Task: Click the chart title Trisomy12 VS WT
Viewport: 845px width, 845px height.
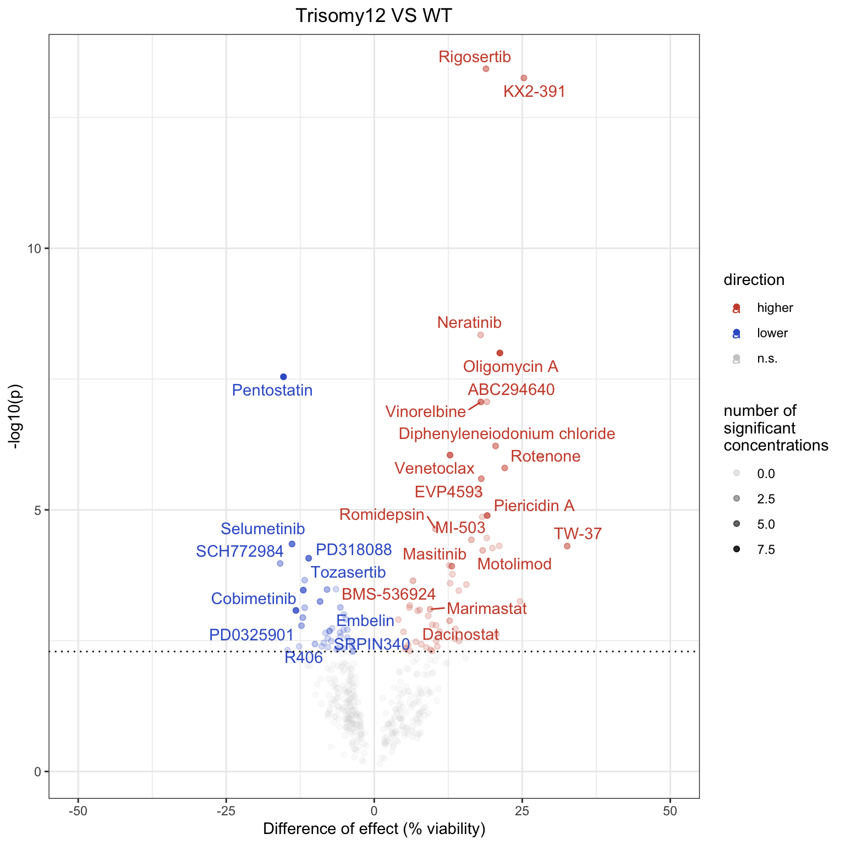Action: coord(374,15)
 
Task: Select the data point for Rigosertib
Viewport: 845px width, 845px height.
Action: coord(486,69)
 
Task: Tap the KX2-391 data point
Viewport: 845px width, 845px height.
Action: coord(524,78)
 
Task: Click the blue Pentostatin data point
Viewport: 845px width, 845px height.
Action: coord(283,377)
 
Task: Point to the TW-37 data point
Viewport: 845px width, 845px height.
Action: coord(567,546)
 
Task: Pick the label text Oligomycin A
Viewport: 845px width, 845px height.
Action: coord(511,366)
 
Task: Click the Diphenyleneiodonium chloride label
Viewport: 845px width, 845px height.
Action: coord(507,434)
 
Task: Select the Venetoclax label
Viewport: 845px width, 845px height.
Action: coord(434,469)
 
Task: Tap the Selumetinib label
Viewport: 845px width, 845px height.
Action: coord(262,529)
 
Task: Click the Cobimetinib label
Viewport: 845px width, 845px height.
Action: coord(254,599)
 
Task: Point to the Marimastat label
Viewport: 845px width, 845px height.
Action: coord(487,608)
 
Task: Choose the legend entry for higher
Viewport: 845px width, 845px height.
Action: coord(775,308)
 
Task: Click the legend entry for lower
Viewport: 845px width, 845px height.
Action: coord(772,333)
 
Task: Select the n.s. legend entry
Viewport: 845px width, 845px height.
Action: coord(767,359)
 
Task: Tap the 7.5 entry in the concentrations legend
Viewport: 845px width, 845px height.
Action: coord(766,550)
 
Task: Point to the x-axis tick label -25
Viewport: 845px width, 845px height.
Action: coord(226,811)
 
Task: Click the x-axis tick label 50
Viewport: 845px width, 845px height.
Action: coord(670,811)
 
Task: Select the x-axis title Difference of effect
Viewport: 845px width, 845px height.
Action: coord(374,829)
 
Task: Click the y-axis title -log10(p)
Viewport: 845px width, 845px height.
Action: coord(17,416)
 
